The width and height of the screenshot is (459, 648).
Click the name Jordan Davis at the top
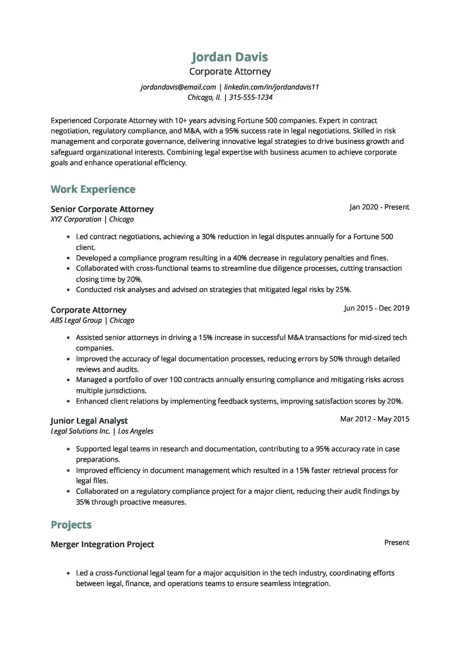229,57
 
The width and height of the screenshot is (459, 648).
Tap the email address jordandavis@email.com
178,87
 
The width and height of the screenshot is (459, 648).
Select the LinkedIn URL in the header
271,87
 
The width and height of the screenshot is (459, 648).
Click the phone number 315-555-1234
251,97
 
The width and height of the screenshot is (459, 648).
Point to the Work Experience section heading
93,189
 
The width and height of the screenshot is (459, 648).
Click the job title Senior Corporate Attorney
102,209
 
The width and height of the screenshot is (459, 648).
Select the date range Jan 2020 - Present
379,207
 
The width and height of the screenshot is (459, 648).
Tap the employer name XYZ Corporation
76,219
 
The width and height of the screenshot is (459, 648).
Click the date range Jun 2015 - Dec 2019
376,308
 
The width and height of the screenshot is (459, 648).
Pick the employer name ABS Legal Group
76,320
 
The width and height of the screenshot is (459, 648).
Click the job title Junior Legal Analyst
89,421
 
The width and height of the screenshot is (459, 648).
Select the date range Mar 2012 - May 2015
375,419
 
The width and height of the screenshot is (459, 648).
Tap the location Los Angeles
136,431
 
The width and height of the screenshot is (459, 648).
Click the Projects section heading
71,525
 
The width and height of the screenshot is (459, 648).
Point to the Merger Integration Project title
102,544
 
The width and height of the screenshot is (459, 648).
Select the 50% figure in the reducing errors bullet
336,359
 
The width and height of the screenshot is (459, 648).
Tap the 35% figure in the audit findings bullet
83,502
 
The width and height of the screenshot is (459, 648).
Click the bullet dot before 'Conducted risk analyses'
68,290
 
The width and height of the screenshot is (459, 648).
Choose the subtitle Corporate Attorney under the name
230,71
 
